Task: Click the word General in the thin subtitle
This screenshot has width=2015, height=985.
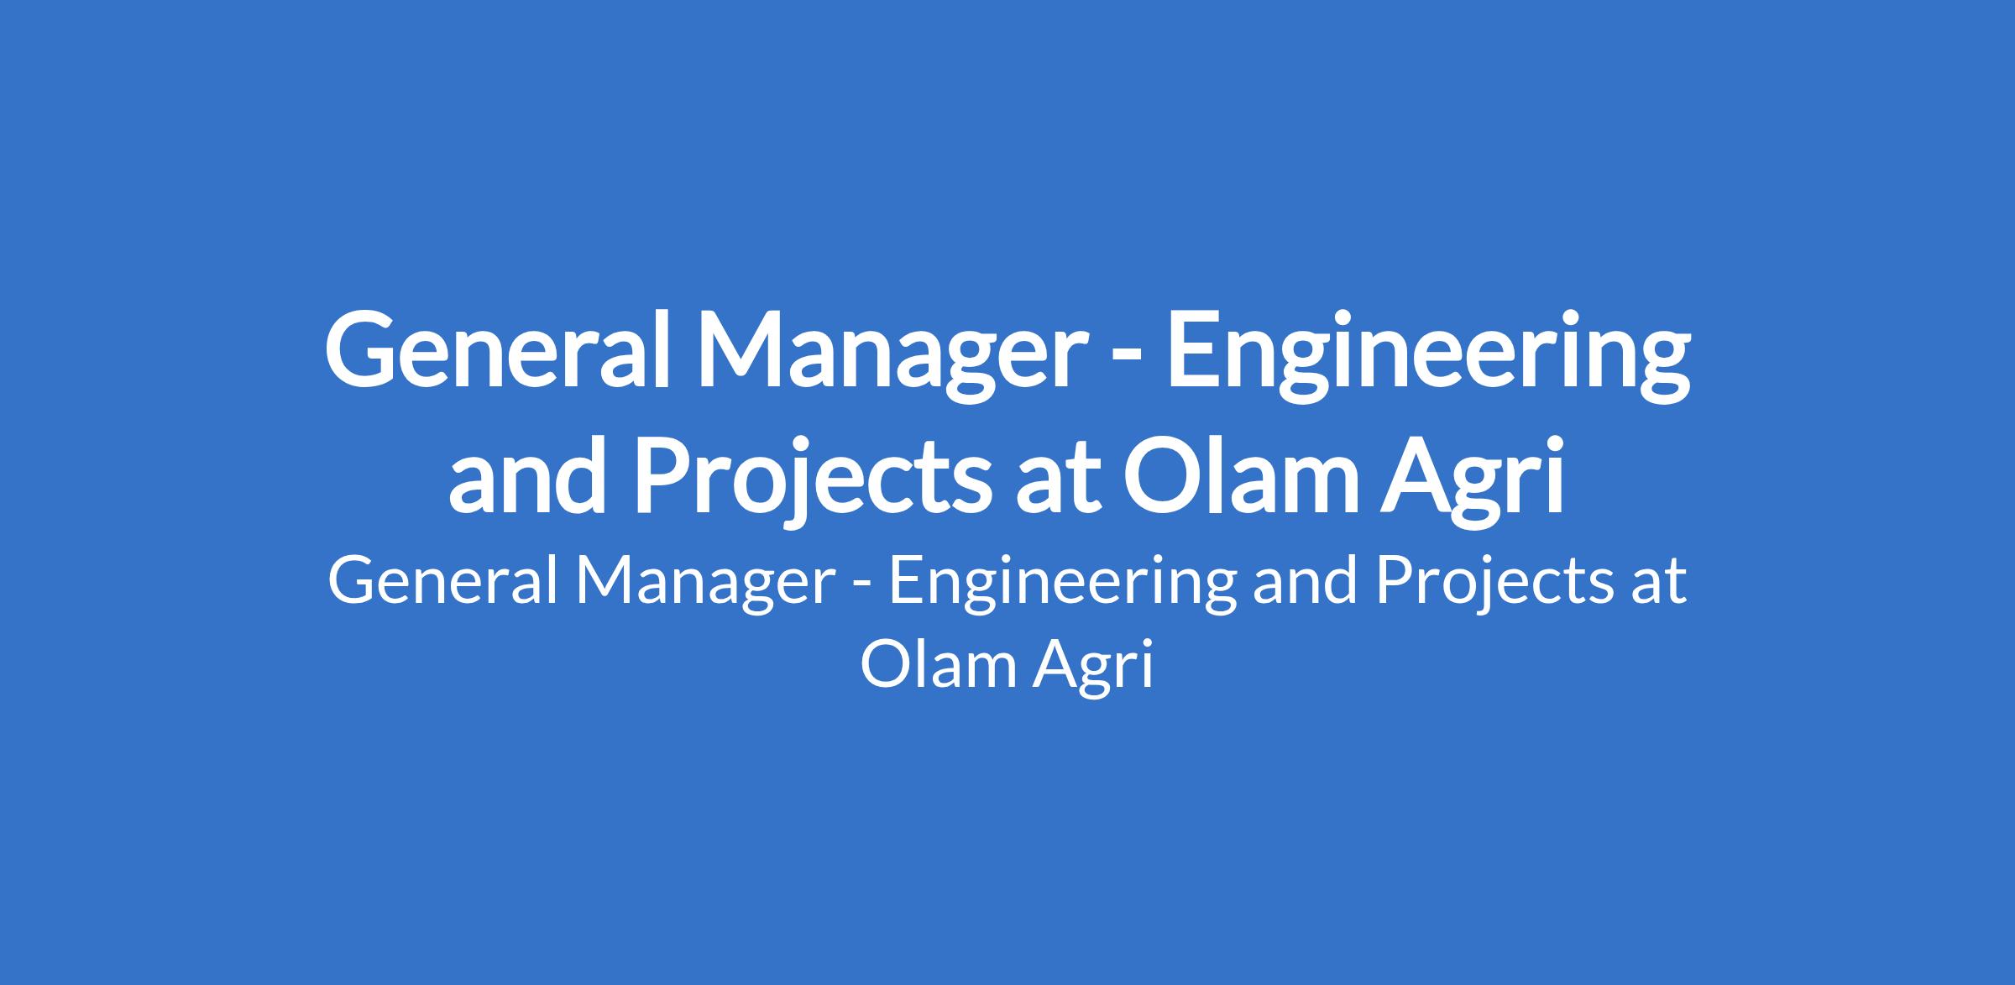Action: [443, 580]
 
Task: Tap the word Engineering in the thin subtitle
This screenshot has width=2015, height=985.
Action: [1061, 585]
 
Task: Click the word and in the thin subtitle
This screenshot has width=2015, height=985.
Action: [1304, 580]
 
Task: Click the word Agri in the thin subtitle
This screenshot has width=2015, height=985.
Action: [1092, 668]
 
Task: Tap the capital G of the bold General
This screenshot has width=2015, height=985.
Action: [363, 350]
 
